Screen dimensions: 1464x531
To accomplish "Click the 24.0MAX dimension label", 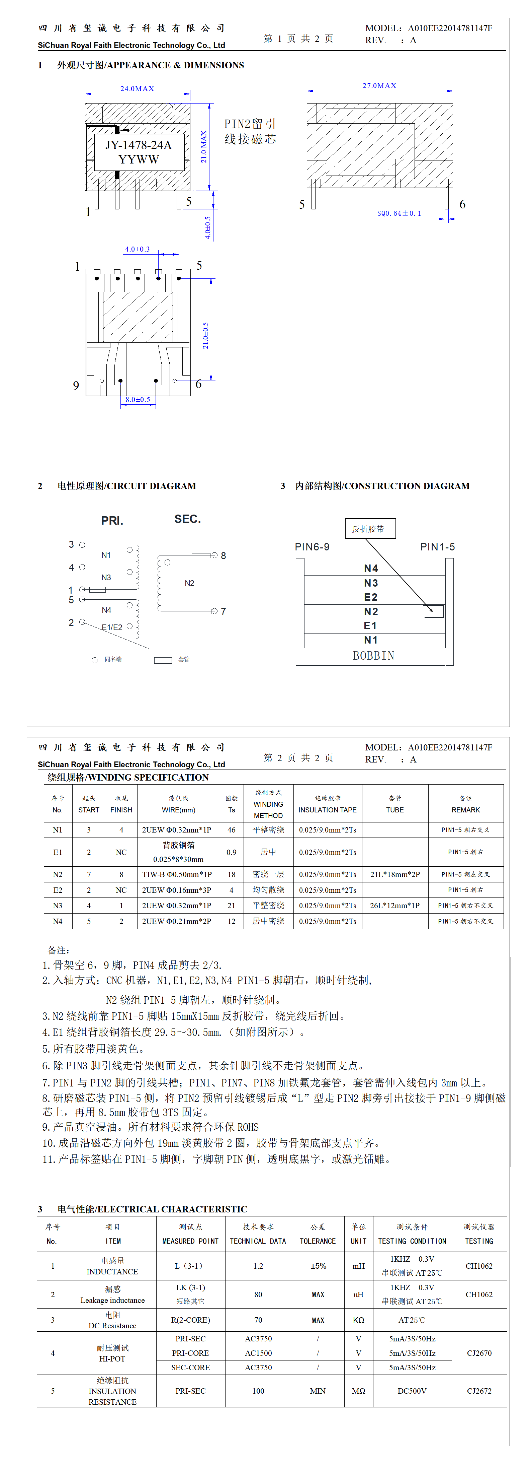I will tap(137, 89).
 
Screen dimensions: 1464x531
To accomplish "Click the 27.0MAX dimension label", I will tap(379, 86).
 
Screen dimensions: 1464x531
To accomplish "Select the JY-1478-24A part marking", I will tap(139, 145).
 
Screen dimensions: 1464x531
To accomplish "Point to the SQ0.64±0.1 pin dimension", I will tap(399, 214).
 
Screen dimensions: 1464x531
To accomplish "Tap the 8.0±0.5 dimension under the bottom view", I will tap(138, 400).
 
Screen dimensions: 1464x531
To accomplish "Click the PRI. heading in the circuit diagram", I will tap(112, 521).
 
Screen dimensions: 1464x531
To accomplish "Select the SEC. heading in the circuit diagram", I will tap(187, 519).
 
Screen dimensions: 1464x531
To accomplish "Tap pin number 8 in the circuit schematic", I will tap(223, 556).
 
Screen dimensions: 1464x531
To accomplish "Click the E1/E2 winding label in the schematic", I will tap(112, 627).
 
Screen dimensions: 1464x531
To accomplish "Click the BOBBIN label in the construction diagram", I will tap(373, 656).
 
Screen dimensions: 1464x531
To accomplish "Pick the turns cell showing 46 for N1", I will tap(232, 830).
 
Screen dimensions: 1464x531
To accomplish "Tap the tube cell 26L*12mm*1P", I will tap(395, 905).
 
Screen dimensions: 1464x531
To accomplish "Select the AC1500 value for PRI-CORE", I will tap(258, 1353).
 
